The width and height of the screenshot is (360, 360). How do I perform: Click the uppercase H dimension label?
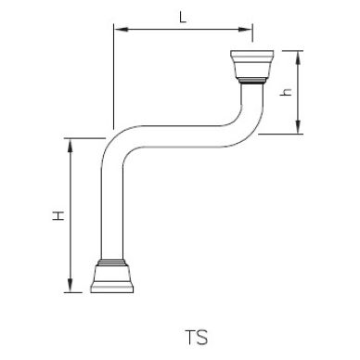coord(57,215)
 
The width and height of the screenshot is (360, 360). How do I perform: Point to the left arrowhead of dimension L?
coord(118,30)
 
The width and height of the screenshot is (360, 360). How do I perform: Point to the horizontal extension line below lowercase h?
coord(283,134)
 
